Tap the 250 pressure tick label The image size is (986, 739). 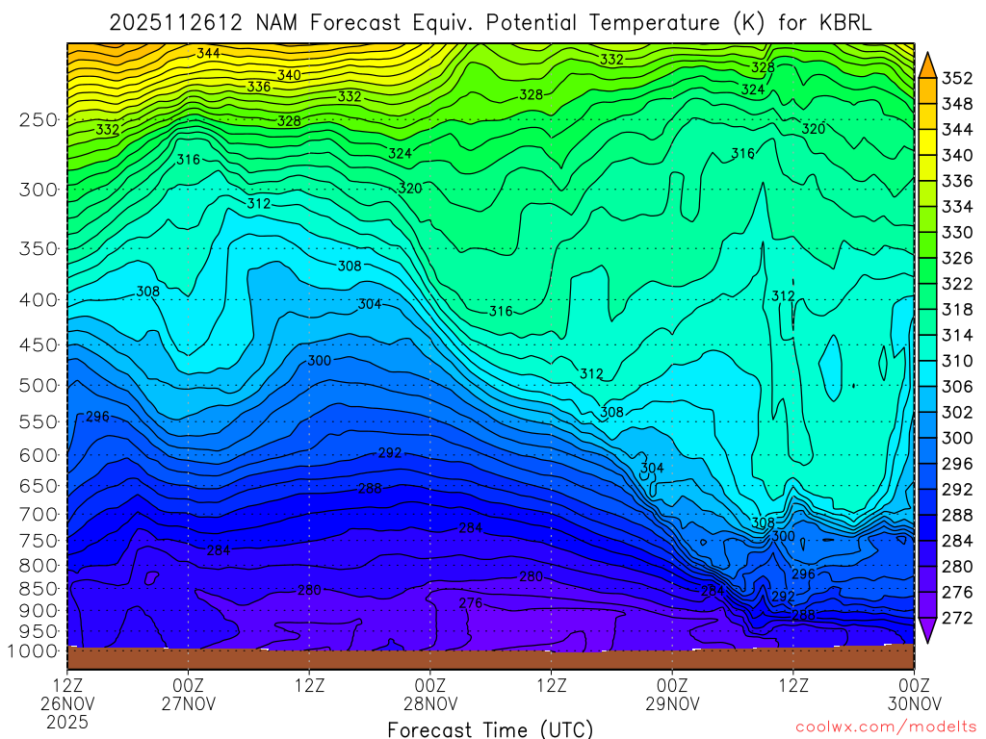point(39,120)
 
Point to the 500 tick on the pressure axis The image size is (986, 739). point(39,386)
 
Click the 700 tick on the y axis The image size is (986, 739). point(39,515)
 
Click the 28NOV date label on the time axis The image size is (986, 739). point(429,702)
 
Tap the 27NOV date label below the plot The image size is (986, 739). point(188,702)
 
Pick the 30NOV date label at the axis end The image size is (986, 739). point(913,702)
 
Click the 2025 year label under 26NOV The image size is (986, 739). point(67,721)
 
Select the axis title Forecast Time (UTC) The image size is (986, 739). point(490,728)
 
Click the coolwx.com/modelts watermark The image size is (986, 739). point(885,727)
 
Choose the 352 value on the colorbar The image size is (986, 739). point(957,79)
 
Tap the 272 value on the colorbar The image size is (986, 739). point(957,618)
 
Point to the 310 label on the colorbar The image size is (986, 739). point(957,361)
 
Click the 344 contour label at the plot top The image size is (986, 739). point(208,53)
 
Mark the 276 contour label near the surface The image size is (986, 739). point(470,603)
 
